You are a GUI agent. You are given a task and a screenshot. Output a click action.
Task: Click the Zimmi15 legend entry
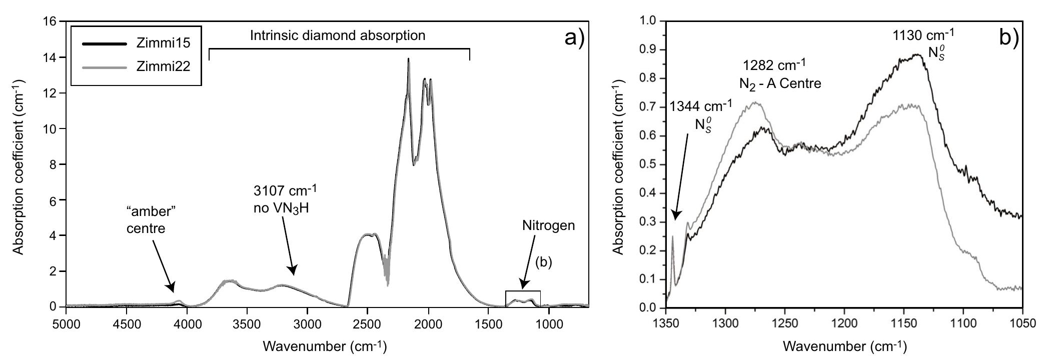[163, 44]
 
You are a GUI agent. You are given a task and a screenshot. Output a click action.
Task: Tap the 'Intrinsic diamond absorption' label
[338, 35]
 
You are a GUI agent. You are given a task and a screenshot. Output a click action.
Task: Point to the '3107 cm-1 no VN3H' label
[284, 199]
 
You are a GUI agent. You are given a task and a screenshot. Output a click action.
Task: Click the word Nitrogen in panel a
[548, 225]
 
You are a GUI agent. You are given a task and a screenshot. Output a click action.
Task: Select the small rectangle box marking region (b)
[523, 298]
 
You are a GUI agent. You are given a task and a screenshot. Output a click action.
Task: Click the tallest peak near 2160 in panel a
[408, 60]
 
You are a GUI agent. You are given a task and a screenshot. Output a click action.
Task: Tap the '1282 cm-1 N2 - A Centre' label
[780, 74]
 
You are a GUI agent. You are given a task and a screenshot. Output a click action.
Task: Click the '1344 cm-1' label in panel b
[701, 106]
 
